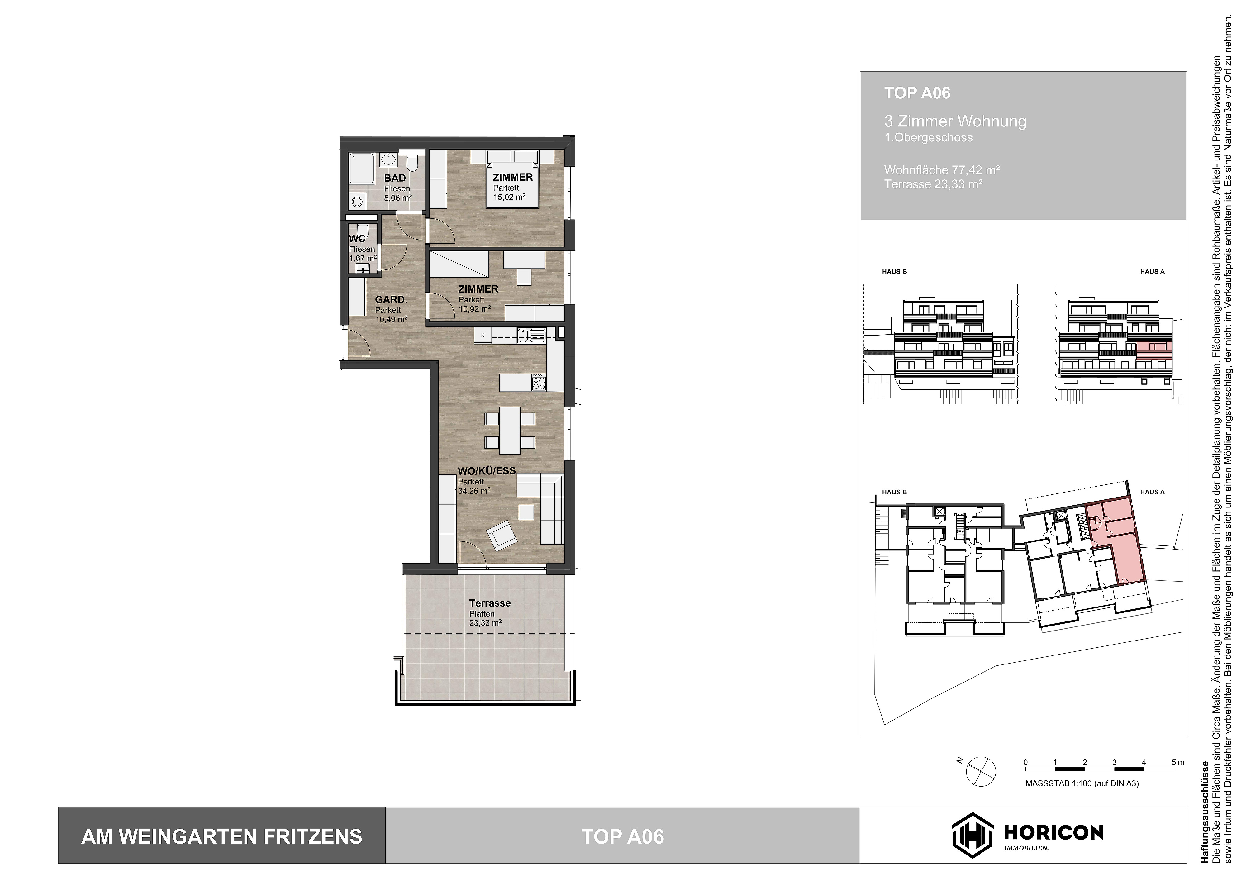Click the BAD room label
pyautogui.click(x=395, y=178)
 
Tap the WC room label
pyautogui.click(x=357, y=238)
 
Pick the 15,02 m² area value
pyautogui.click(x=508, y=198)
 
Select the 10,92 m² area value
pyautogui.click(x=474, y=309)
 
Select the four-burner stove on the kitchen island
pyautogui.click(x=539, y=383)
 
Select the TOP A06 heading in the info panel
pyautogui.click(x=917, y=93)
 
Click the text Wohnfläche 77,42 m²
pyautogui.click(x=942, y=170)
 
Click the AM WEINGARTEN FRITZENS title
pyautogui.click(x=221, y=836)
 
